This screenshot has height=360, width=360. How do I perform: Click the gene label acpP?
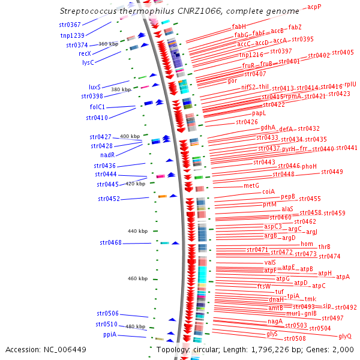[x=314, y=7]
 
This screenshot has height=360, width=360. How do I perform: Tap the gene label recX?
[x=85, y=53]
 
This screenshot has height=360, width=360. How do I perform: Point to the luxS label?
[x=94, y=87]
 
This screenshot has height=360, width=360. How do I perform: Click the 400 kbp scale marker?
[x=130, y=136]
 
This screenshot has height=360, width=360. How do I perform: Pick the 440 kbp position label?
[x=137, y=231]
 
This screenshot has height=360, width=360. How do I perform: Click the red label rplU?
[x=350, y=85]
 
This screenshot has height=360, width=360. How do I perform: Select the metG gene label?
[x=251, y=186]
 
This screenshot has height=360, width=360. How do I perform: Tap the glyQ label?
[x=345, y=337]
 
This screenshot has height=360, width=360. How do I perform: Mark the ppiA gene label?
[x=110, y=334]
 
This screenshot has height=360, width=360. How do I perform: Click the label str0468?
[x=110, y=242]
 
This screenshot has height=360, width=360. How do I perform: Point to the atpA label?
[x=343, y=277]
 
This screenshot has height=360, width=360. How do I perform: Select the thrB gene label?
[x=325, y=247]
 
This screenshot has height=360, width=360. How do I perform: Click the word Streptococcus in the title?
[x=88, y=11]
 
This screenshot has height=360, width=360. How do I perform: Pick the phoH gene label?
[x=309, y=166]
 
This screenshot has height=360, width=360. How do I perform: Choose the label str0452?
[x=109, y=199]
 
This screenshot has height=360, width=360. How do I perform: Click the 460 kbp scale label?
[x=137, y=278]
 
